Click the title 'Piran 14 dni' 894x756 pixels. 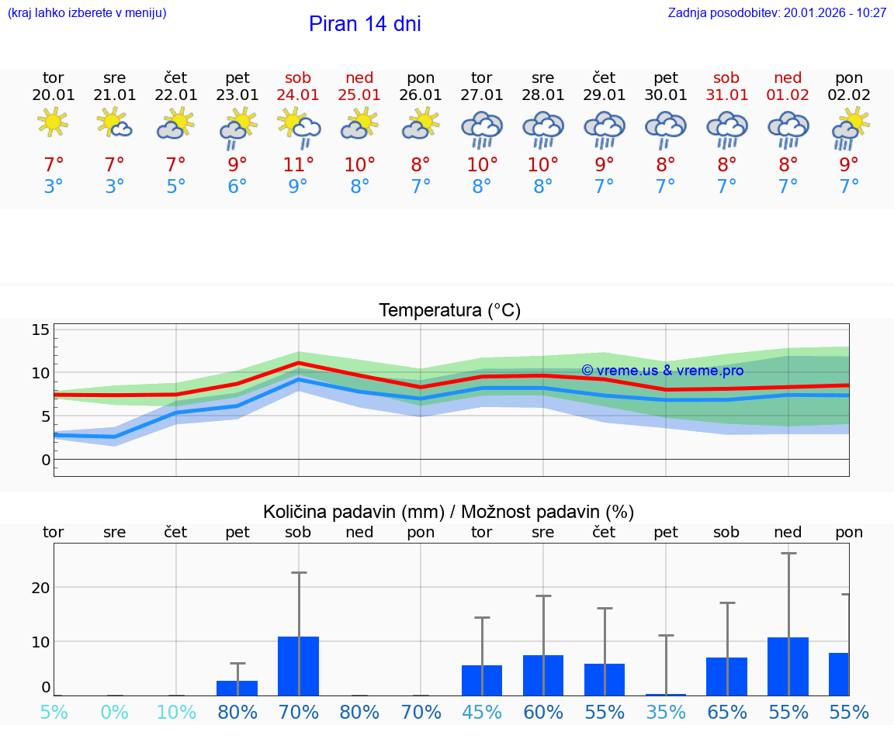(365, 24)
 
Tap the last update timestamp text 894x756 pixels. (777, 12)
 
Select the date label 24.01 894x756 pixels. (298, 95)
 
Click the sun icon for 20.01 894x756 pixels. (53, 122)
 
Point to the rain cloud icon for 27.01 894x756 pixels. (482, 129)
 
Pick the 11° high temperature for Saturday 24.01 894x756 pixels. (298, 164)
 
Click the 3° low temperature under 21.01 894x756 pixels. (115, 187)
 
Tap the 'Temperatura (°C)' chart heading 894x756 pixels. (449, 311)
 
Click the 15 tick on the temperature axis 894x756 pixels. (40, 330)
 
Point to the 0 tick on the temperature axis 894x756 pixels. (46, 460)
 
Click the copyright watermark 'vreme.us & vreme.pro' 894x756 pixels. (662, 371)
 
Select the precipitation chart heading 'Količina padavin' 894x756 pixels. (448, 512)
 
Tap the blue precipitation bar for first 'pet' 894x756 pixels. (237, 688)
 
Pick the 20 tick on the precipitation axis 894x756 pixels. (40, 588)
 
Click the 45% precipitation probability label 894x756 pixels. (482, 712)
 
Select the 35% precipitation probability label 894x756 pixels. (666, 712)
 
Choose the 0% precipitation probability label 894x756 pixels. (115, 712)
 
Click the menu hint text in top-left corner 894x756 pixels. (87, 12)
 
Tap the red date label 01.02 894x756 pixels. (788, 95)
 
